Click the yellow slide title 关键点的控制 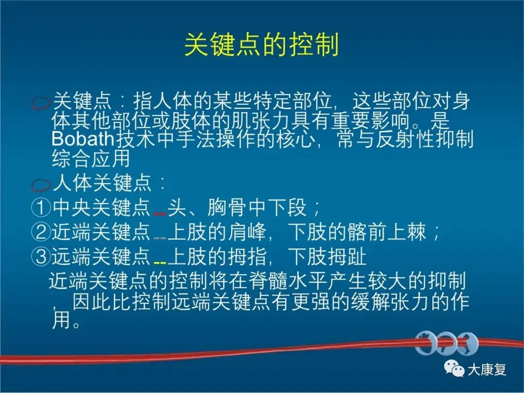[x=262, y=45]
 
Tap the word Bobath [x=83, y=139]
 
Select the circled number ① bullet [x=41, y=208]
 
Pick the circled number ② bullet [x=41, y=231]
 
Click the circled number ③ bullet [x=41, y=256]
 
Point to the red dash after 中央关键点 [x=160, y=213]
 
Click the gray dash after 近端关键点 [x=160, y=238]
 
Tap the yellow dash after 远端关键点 [x=160, y=263]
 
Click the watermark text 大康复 [x=487, y=370]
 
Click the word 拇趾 [x=347, y=257]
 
